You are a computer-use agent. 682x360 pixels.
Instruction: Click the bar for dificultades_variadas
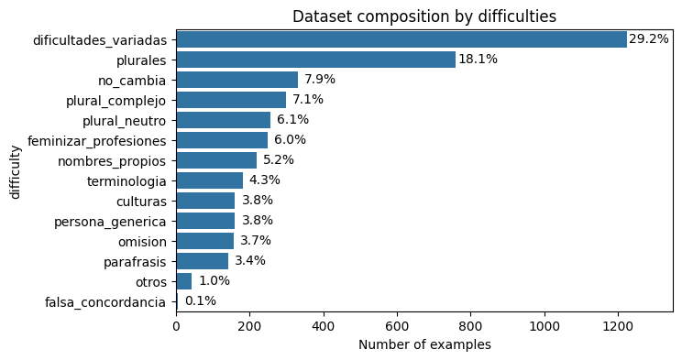click(x=401, y=39)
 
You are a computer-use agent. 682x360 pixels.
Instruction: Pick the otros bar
click(x=183, y=281)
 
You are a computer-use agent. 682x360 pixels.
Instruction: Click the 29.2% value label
click(x=648, y=39)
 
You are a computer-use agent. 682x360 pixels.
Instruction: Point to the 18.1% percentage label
click(x=478, y=60)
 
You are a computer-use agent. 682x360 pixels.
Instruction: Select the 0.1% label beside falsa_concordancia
click(x=200, y=301)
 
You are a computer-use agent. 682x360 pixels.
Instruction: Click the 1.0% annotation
click(x=214, y=281)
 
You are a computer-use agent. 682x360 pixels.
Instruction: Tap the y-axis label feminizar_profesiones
click(x=97, y=140)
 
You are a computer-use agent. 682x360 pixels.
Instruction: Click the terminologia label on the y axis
click(x=126, y=180)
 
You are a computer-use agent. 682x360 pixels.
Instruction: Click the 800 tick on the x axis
click(x=470, y=324)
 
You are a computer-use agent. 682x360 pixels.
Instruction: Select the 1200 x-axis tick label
click(x=618, y=324)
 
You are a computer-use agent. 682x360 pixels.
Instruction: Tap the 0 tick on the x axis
click(x=176, y=324)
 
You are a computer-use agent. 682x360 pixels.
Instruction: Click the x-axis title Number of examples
click(x=424, y=344)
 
